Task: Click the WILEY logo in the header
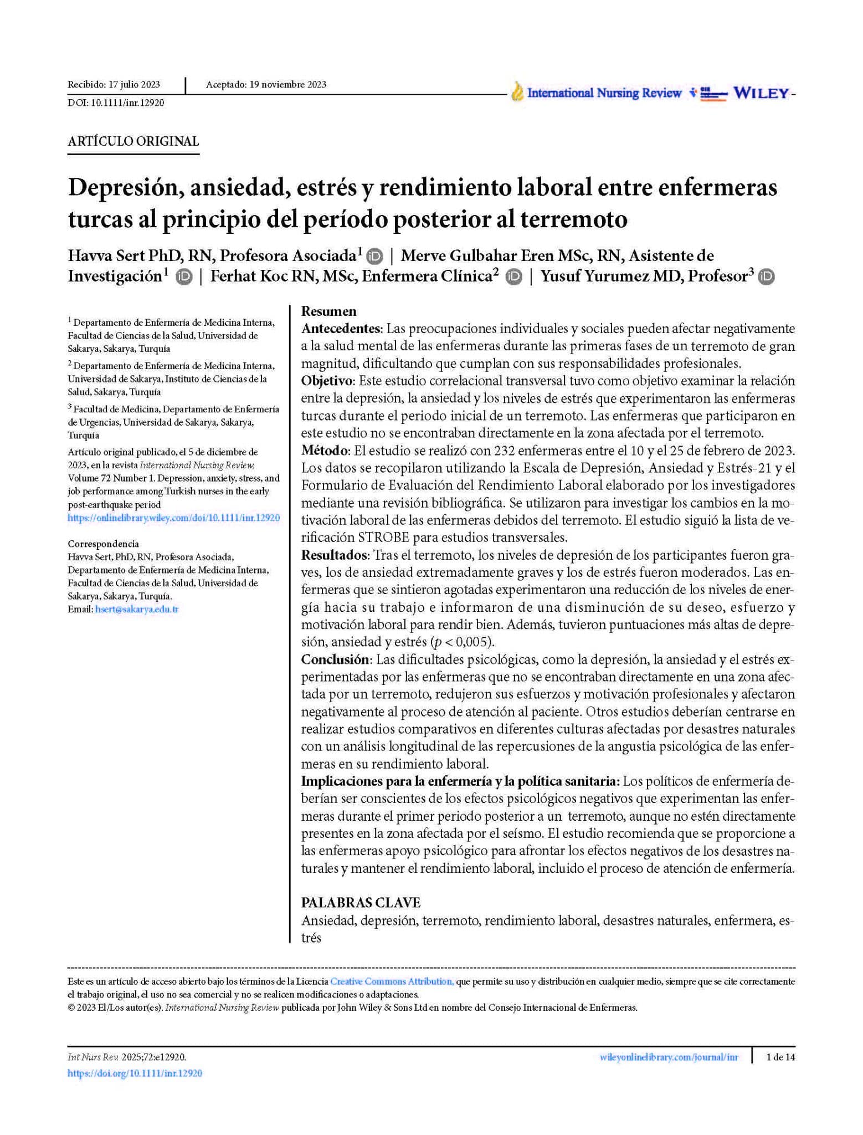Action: (761, 93)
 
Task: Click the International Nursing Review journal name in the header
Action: (603, 93)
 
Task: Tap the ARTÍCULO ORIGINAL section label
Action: (133, 141)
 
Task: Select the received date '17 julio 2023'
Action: (134, 85)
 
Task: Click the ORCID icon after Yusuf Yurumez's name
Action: (766, 277)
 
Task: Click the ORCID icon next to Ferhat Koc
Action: (513, 277)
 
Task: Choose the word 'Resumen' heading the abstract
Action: (328, 311)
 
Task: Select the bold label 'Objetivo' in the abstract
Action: (327, 381)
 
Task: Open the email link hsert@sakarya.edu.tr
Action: (137, 610)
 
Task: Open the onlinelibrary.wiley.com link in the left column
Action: (173, 518)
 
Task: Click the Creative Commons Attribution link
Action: (392, 981)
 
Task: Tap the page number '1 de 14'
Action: (780, 1057)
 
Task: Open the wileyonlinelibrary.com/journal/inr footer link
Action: (669, 1057)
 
